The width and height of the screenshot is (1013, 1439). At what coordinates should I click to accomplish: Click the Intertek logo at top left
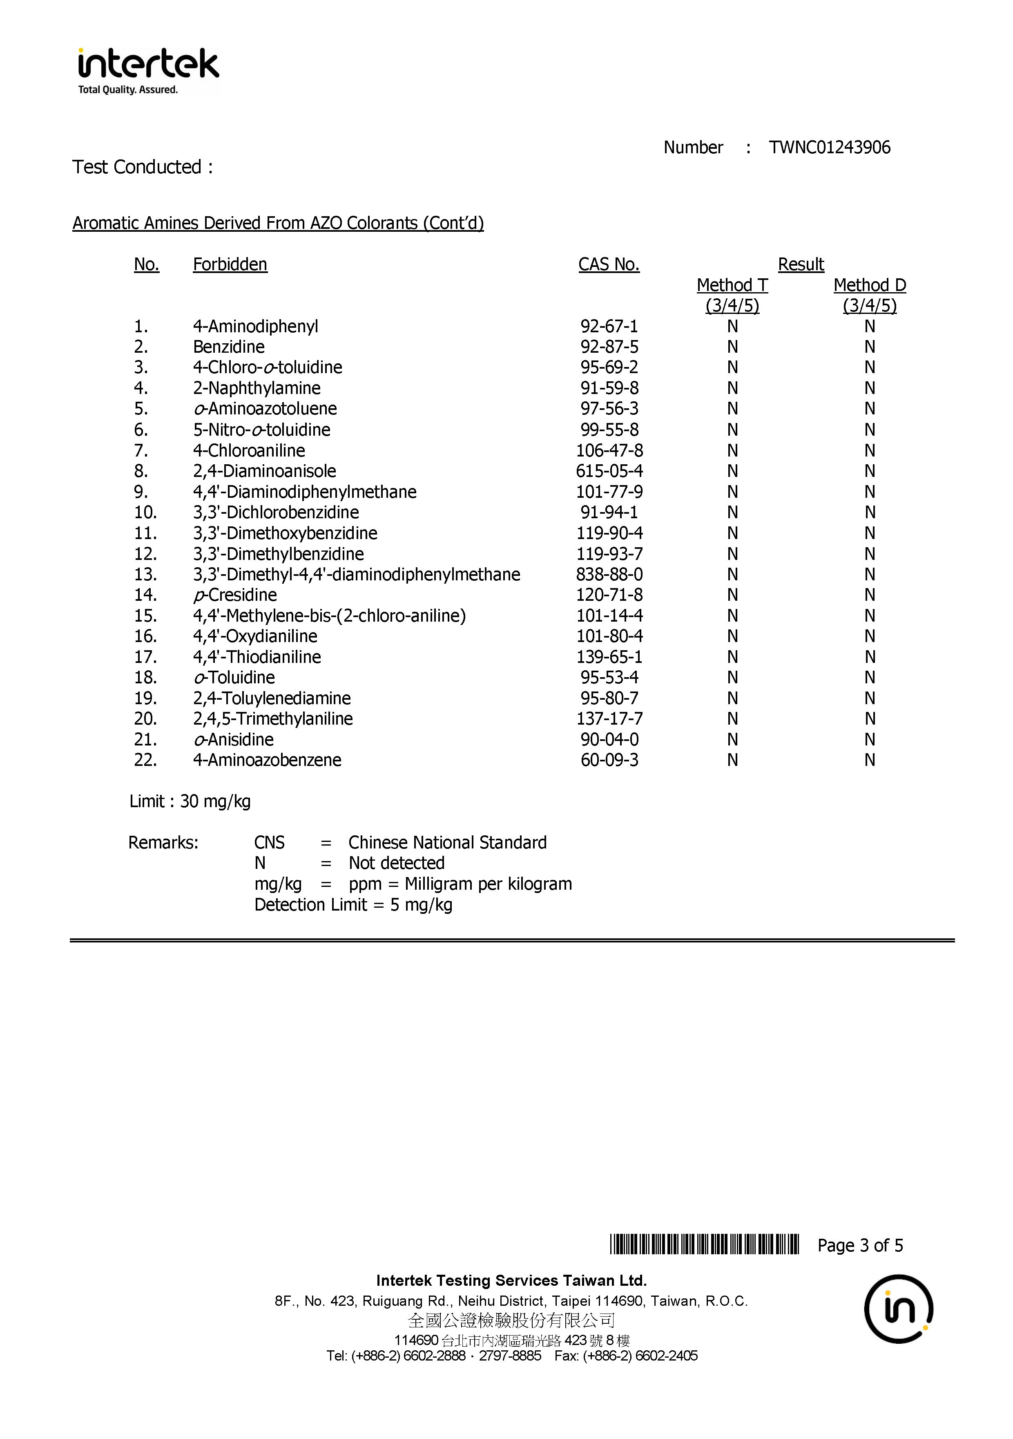click(x=148, y=70)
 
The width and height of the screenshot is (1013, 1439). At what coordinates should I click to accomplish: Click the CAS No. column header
click(x=608, y=264)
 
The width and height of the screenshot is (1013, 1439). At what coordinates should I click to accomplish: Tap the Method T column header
click(x=732, y=285)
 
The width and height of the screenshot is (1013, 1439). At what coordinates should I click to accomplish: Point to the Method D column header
click(x=870, y=285)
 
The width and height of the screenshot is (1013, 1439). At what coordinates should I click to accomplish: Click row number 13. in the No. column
click(x=145, y=574)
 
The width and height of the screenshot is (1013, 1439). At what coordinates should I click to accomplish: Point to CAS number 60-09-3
click(x=609, y=760)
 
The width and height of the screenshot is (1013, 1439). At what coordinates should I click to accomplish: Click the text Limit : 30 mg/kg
click(x=190, y=801)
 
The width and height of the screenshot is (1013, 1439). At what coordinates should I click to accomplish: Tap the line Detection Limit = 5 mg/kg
click(x=353, y=904)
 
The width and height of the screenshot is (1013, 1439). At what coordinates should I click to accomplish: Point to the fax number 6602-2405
click(x=666, y=1356)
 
